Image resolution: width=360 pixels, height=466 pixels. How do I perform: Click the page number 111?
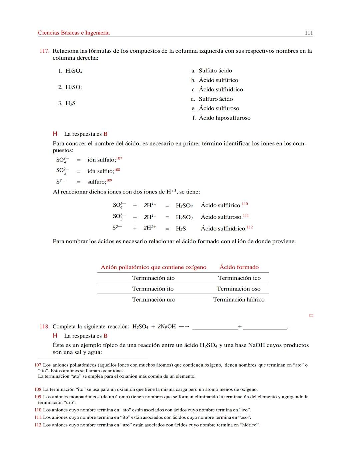click(309, 33)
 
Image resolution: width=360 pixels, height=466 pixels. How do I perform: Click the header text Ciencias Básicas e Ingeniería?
click(74, 33)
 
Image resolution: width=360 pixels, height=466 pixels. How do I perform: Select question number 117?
click(44, 51)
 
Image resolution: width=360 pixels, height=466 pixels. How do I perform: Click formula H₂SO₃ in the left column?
click(74, 87)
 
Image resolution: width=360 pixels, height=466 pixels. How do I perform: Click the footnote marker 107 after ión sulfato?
click(119, 158)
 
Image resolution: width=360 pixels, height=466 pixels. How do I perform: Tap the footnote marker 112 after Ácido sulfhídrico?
click(250, 227)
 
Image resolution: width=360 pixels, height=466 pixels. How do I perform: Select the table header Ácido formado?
click(239, 267)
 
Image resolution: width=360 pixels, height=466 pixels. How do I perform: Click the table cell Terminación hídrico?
click(239, 300)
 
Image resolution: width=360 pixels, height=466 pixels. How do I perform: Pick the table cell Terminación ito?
click(153, 289)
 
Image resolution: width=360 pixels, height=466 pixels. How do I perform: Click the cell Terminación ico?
click(239, 278)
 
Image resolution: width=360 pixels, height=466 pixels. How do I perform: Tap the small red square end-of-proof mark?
click(311, 316)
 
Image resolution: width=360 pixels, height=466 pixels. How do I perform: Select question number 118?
click(44, 327)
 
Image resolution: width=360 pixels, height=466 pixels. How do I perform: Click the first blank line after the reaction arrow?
click(215, 328)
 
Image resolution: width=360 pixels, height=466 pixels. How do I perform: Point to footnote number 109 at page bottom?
click(38, 397)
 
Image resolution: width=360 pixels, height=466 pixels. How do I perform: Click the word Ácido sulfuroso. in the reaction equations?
click(221, 217)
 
